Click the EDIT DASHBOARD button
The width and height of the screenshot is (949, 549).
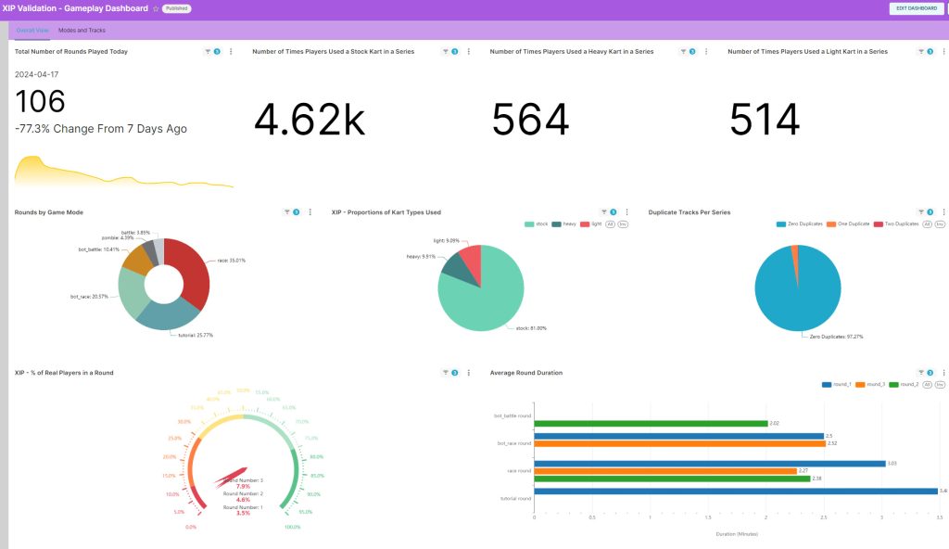pyautogui.click(x=916, y=8)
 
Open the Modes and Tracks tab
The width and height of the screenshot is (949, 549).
pyautogui.click(x=82, y=31)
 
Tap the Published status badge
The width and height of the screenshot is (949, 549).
pyautogui.click(x=177, y=8)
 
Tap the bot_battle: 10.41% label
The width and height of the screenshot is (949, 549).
pyautogui.click(x=98, y=249)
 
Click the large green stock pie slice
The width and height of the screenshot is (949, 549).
pyautogui.click(x=482, y=297)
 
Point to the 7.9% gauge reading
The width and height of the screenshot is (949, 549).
pyautogui.click(x=243, y=486)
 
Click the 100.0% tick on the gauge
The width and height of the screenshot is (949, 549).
pyautogui.click(x=294, y=527)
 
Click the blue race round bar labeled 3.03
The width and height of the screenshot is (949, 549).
pyautogui.click(x=710, y=463)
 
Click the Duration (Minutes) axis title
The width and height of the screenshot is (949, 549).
pyautogui.click(x=737, y=534)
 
